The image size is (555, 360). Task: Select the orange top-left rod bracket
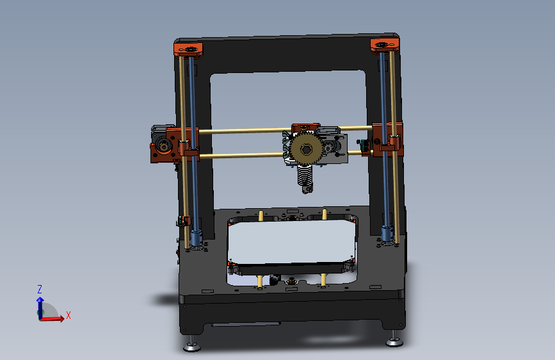click(x=188, y=49)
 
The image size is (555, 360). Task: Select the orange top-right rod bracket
click(x=385, y=45)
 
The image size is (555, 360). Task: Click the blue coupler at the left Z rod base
click(x=196, y=238)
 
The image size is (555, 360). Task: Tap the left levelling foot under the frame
click(x=191, y=347)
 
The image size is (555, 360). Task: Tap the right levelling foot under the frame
click(x=394, y=341)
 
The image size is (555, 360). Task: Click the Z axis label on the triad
click(x=40, y=289)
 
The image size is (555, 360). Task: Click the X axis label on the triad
click(x=68, y=315)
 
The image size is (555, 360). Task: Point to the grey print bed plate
click(x=291, y=243)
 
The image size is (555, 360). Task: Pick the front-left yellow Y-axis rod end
click(x=260, y=280)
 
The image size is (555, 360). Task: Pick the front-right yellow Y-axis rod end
click(x=324, y=279)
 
